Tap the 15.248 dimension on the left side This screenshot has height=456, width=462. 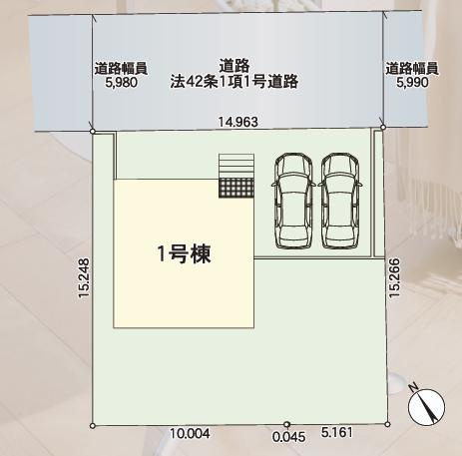pos(83,278)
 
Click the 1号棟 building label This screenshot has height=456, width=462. pos(184,253)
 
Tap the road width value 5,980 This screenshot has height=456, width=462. pos(121,85)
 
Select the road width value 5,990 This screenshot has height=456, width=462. pos(411,85)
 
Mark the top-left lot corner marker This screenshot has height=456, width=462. pos(93,131)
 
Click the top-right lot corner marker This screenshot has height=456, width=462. pos(384,129)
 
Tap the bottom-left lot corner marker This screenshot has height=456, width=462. pos(93,425)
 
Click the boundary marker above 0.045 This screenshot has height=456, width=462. pos(286,425)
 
